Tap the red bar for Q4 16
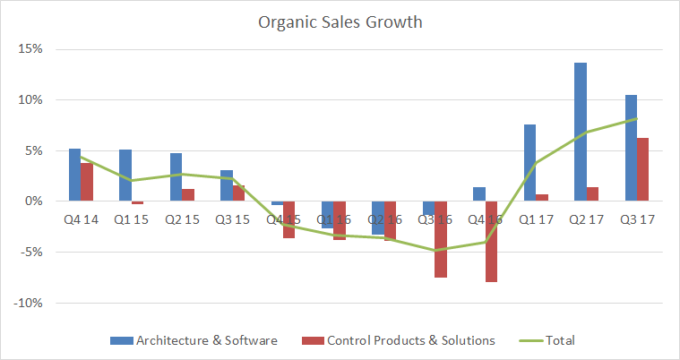point(492,241)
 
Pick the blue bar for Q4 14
point(74,175)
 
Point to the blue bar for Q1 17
point(529,162)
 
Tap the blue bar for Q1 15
point(125,176)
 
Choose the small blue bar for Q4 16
point(479,194)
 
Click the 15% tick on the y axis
point(30,49)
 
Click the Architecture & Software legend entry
point(206,340)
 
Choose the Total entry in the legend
point(559,340)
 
